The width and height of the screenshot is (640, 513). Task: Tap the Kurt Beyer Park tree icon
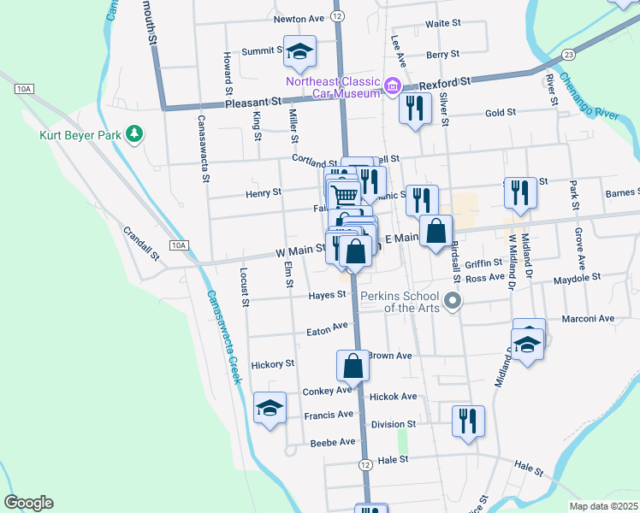point(133,133)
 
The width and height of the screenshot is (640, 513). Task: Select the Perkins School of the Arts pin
point(454,301)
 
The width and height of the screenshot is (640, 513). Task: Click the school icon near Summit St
point(299,51)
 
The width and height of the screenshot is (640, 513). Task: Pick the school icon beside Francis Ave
point(270,407)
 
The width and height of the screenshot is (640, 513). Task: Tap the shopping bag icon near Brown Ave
point(353,366)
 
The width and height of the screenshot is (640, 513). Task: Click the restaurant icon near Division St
point(468,421)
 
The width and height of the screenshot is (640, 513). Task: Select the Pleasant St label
point(253,102)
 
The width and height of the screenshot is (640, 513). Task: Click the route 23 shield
point(568,54)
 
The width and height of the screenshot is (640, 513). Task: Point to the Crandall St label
point(141,243)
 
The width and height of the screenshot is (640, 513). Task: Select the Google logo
point(28,503)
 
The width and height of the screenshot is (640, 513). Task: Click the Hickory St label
point(272,364)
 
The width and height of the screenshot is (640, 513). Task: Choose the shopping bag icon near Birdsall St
point(436,231)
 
